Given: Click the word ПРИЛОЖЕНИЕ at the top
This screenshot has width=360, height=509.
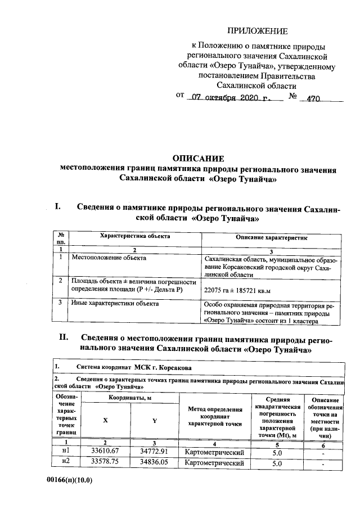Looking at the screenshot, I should pos(257,31).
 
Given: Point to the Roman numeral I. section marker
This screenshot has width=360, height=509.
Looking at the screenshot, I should pos(57,207).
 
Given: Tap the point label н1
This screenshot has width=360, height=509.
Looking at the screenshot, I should pos(66,451).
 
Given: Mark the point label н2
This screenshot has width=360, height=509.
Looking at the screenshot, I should pos(66,463).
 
